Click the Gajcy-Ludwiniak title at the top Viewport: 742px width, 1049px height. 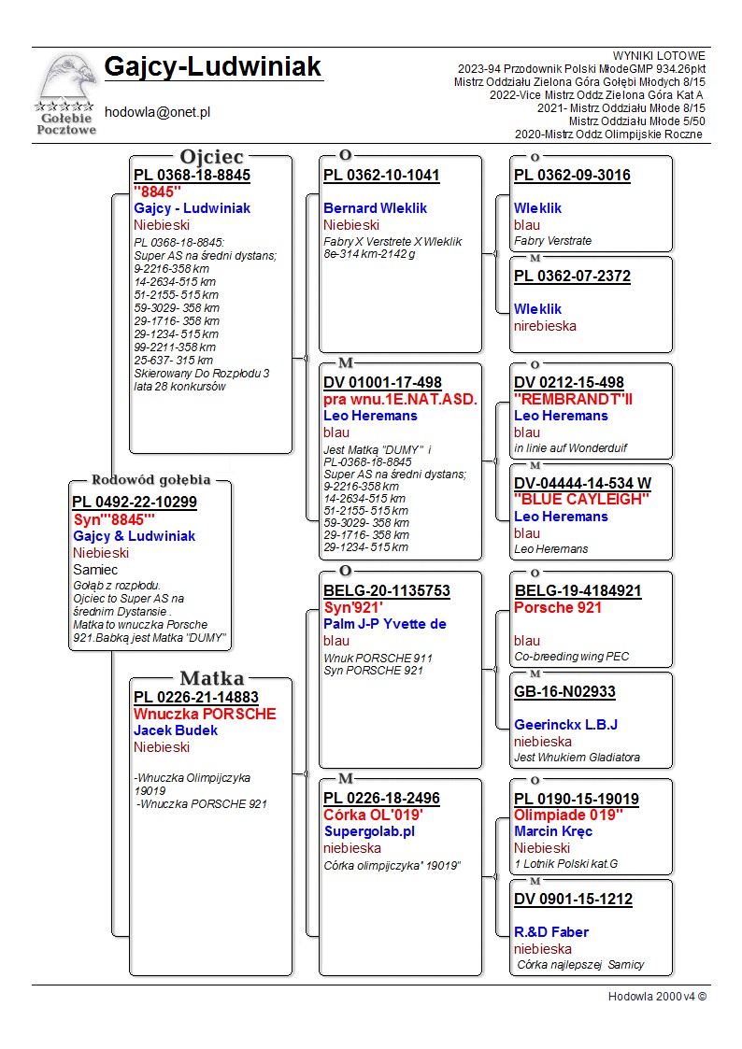(213, 67)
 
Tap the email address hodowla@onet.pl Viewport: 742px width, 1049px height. (157, 112)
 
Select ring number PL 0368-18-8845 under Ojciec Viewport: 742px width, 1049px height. (192, 175)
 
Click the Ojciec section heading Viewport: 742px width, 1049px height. (212, 157)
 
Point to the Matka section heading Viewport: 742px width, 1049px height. (212, 678)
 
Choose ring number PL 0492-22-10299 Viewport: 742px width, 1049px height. (135, 503)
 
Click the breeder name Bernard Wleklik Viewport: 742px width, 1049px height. (375, 208)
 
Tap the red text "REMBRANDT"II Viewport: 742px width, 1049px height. (573, 399)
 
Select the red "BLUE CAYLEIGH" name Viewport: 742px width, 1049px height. (581, 500)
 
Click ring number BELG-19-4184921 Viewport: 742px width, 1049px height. (578, 591)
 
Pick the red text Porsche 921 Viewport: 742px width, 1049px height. (558, 608)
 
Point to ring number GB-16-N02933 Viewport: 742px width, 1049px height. (564, 692)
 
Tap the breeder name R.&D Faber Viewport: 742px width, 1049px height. (551, 932)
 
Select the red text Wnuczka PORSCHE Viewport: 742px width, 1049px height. (205, 715)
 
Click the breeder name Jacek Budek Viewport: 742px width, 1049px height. (176, 730)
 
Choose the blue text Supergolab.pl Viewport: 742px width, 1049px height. (369, 831)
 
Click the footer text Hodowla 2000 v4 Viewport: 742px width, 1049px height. (657, 996)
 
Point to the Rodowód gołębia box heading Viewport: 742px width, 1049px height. (150, 480)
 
